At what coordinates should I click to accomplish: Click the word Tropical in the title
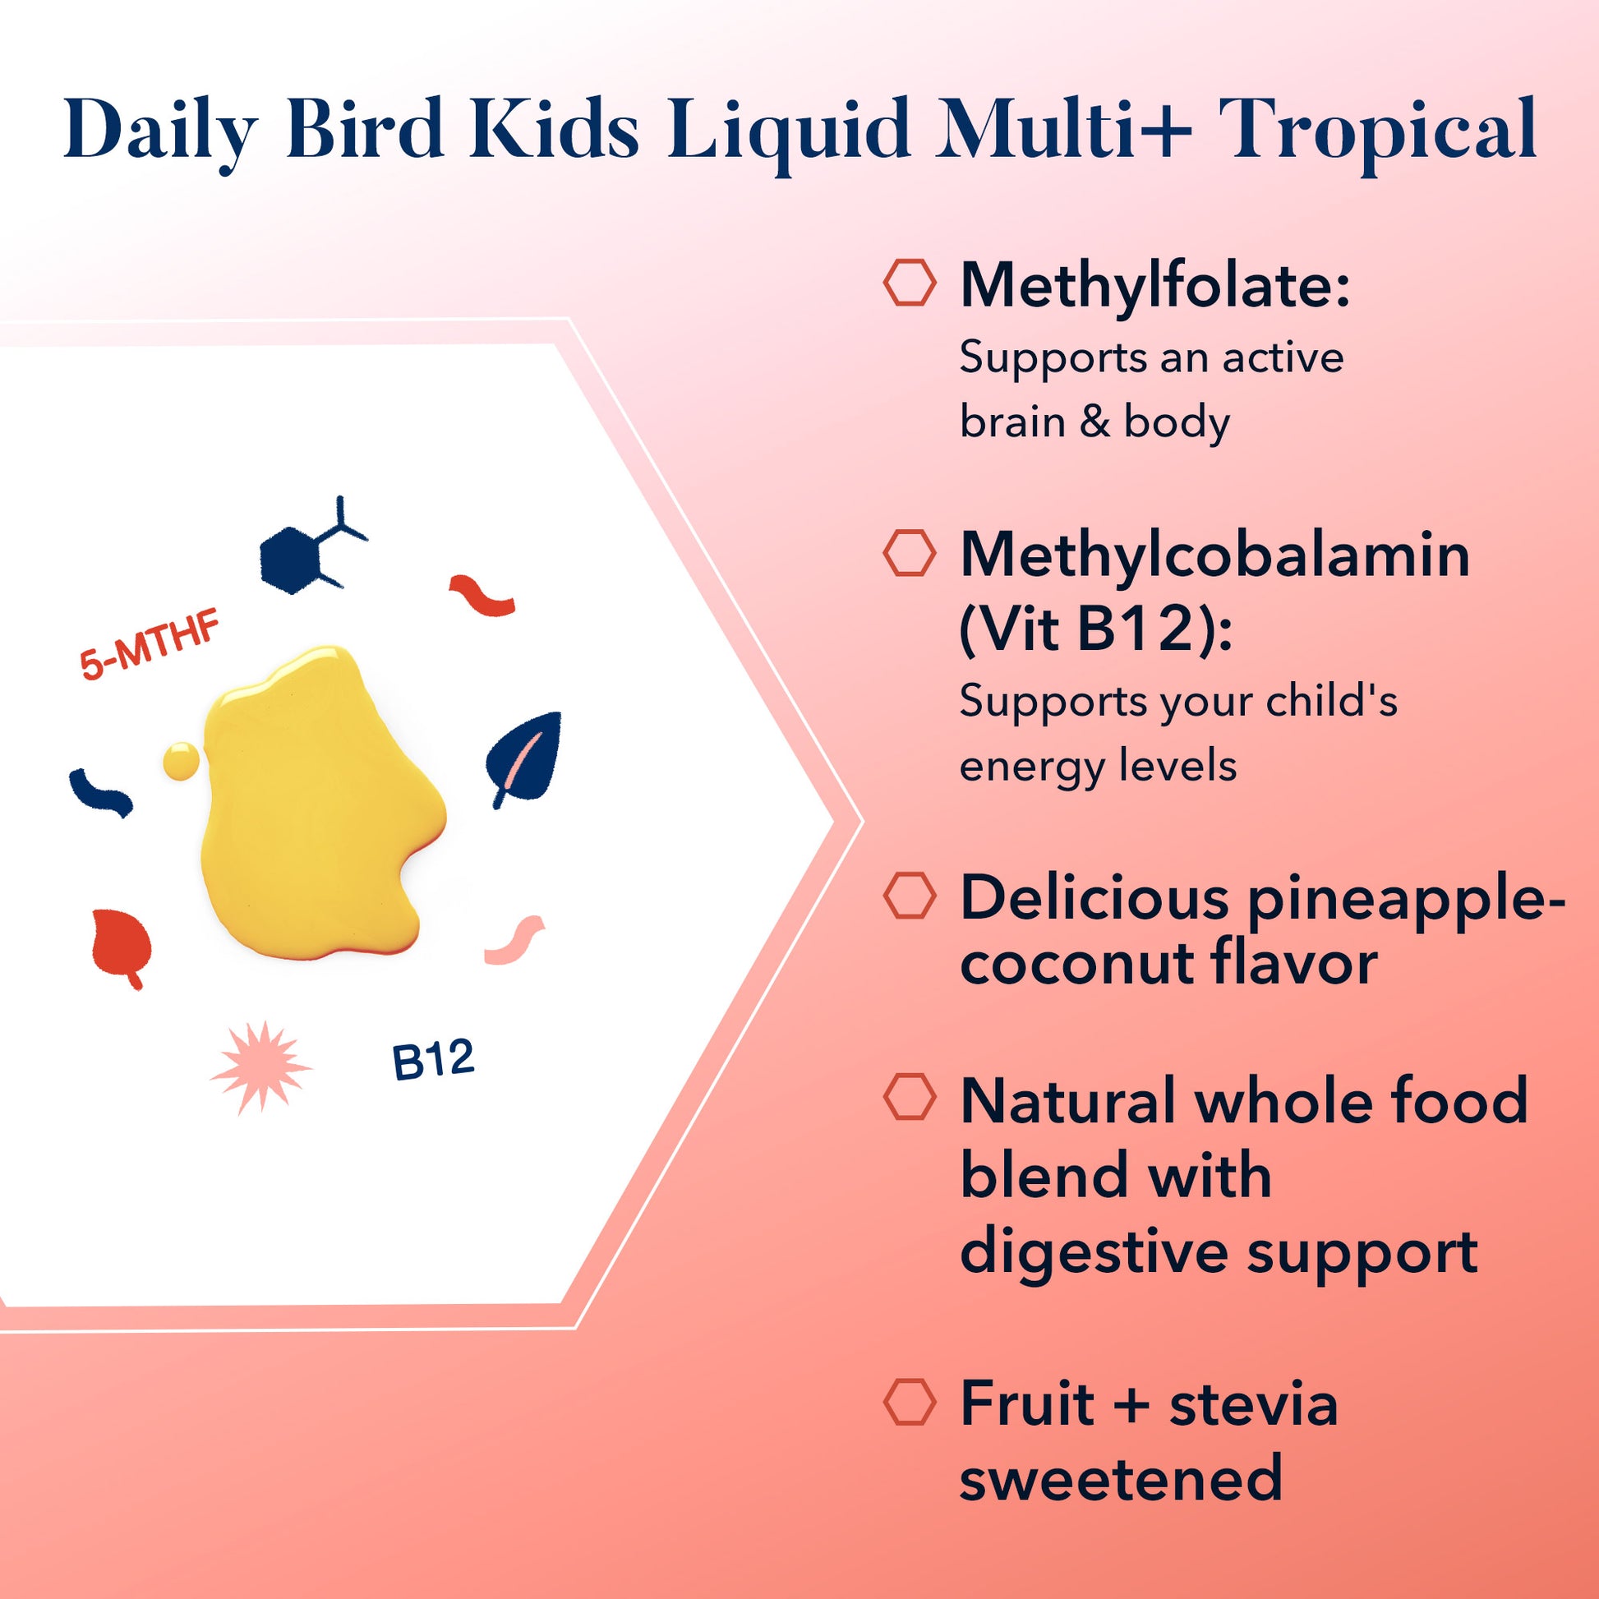[x=1377, y=129]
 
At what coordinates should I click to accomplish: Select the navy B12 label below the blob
[x=433, y=1060]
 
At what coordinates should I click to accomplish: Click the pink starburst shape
[x=261, y=1067]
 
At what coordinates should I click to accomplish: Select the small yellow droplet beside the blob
[x=182, y=761]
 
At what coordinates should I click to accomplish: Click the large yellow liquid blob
[x=319, y=803]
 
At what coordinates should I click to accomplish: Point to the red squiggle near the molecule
[x=482, y=595]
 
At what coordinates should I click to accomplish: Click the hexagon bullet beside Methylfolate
[x=910, y=283]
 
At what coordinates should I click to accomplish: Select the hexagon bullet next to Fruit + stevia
[x=910, y=1401]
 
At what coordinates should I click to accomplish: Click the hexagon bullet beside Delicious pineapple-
[x=910, y=895]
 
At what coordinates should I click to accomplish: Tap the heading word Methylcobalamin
[x=1215, y=555]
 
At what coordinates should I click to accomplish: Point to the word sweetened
[x=1121, y=1478]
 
